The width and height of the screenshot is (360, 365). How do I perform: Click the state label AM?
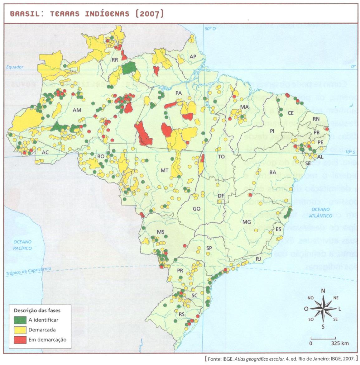77,110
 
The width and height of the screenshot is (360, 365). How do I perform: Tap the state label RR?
115,59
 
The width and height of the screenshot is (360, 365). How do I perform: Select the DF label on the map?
221,196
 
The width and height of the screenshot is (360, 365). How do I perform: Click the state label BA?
272,172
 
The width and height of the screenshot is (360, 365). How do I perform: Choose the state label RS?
182,314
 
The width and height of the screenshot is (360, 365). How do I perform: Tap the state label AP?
193,56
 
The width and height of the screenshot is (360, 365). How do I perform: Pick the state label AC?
45,152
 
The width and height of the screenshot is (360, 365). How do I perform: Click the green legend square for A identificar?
20,320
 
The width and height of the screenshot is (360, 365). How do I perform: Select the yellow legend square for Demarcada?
20,330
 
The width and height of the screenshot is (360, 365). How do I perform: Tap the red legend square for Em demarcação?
20,340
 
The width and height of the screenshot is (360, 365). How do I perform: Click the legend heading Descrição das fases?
37,310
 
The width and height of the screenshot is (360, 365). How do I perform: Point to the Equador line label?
15,67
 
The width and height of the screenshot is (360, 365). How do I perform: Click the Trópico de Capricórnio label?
28,271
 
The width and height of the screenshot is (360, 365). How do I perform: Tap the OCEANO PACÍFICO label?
22,245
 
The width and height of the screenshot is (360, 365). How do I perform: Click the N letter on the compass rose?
323,291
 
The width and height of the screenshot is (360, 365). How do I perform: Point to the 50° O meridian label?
210,28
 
